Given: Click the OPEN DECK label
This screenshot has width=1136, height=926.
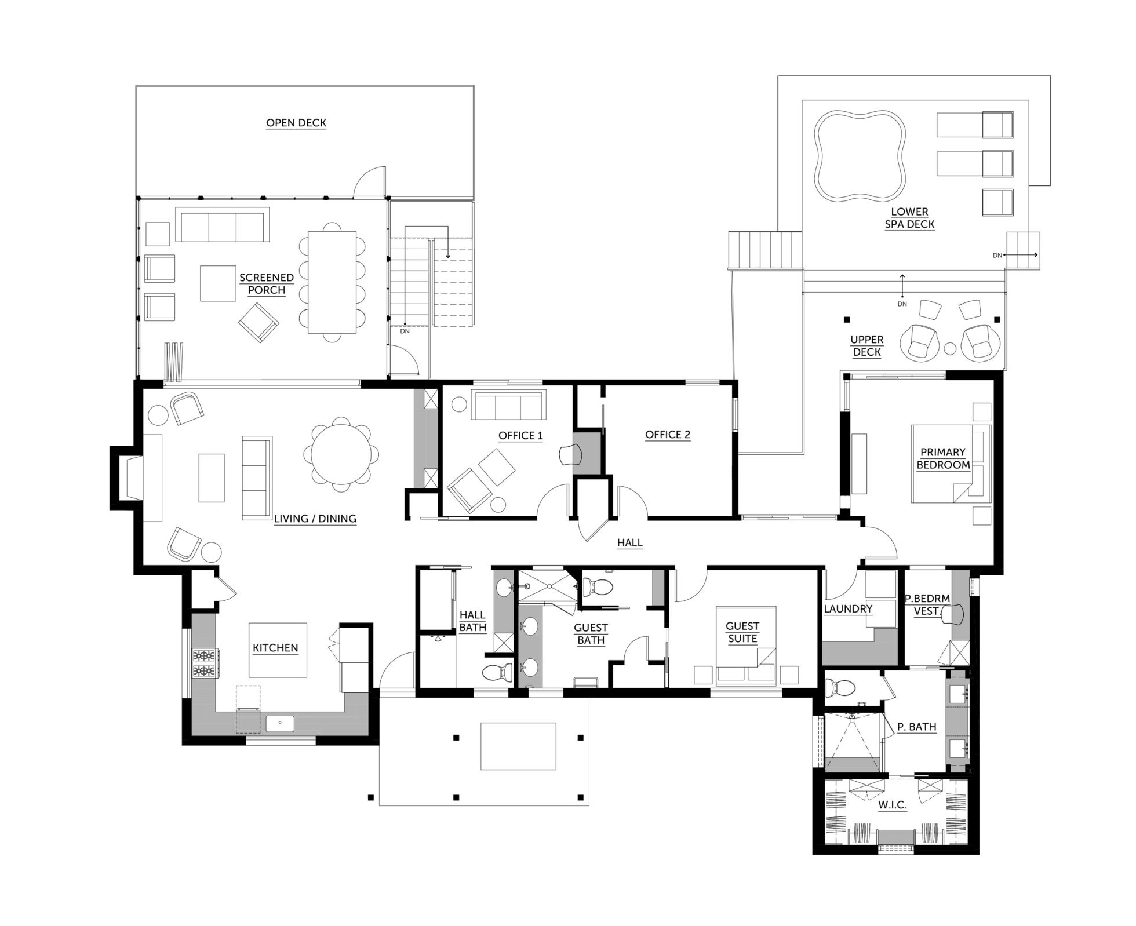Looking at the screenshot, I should pyautogui.click(x=296, y=123).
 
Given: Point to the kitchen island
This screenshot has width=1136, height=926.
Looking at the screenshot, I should pyautogui.click(x=278, y=650).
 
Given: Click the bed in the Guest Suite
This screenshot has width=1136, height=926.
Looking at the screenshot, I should pyautogui.click(x=746, y=644).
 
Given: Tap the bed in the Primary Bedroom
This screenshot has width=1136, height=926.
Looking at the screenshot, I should pyautogui.click(x=951, y=464).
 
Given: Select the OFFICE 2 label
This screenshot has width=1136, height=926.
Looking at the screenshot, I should pyautogui.click(x=668, y=435).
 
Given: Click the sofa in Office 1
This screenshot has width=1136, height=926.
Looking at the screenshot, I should pyautogui.click(x=508, y=405).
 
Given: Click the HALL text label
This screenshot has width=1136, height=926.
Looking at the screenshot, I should pyautogui.click(x=629, y=543).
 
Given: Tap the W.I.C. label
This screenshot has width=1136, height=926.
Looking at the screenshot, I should pyautogui.click(x=892, y=805).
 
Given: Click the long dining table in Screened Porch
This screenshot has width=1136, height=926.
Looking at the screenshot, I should pyautogui.click(x=332, y=282).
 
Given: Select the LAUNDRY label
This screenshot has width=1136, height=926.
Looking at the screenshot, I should pyautogui.click(x=848, y=608).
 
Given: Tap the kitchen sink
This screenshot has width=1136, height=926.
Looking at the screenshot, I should pyautogui.click(x=280, y=723).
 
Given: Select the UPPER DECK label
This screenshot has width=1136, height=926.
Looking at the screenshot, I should pyautogui.click(x=866, y=346).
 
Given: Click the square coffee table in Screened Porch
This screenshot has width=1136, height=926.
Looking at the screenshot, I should pyautogui.click(x=218, y=283).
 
